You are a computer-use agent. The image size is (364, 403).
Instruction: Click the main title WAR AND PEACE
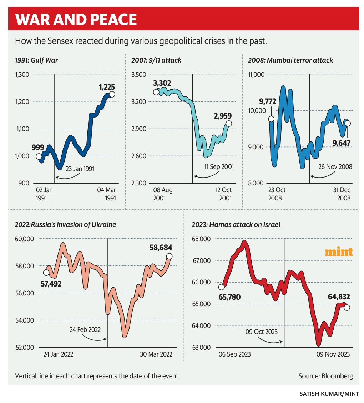76,19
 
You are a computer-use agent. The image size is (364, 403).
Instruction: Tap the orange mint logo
339,252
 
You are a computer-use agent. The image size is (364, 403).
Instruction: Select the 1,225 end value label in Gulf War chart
107,87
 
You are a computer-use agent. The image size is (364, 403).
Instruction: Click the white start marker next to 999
39,156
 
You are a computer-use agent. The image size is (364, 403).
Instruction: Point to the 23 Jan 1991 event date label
80,169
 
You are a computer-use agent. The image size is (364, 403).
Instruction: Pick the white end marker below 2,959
229,124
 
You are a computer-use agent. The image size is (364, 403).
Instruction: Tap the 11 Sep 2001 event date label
219,167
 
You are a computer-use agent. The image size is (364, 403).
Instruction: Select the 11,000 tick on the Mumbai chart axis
256,75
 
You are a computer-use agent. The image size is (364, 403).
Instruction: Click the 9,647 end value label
342,143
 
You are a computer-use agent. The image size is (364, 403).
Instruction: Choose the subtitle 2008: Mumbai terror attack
290,60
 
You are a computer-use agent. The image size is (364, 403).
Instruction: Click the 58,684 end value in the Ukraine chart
160,247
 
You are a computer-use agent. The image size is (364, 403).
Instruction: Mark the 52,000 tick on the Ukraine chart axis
25,347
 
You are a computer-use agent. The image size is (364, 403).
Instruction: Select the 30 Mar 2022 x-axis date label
156,354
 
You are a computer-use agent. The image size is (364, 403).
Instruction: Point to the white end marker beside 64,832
347,308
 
